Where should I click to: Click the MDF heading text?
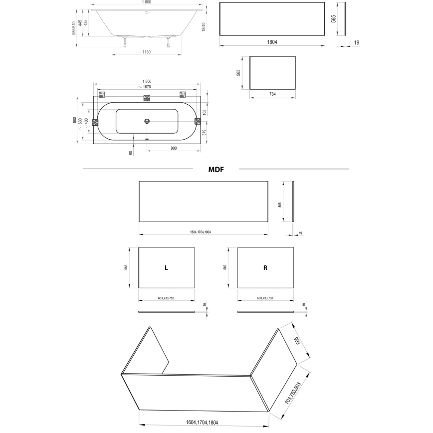[x=216, y=170]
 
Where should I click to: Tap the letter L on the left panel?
[x=166, y=268]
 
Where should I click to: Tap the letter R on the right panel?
[x=265, y=268]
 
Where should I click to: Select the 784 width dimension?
[x=272, y=94]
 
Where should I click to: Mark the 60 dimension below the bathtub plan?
[x=131, y=152]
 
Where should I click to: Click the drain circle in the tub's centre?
[x=147, y=121]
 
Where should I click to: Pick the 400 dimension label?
[x=86, y=121]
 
